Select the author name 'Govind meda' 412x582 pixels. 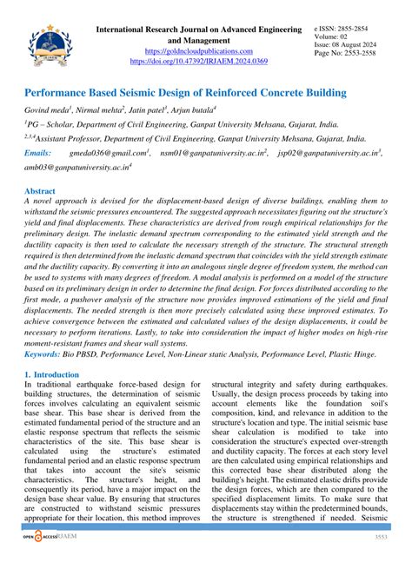(49, 111)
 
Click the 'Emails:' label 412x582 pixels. (39, 153)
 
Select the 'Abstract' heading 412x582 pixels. (40, 190)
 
